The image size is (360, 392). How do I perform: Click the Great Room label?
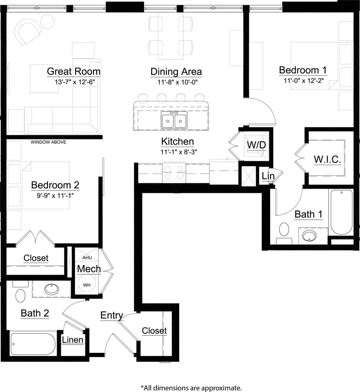pyautogui.click(x=74, y=71)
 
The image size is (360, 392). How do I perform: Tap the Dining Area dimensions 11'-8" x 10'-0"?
pyautogui.click(x=176, y=82)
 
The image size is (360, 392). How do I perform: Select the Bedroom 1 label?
pyautogui.click(x=303, y=70)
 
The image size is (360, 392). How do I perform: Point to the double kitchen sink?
pyautogui.click(x=174, y=121)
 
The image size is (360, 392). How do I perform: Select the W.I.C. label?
pyautogui.click(x=327, y=159)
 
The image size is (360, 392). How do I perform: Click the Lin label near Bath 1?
pyautogui.click(x=268, y=176)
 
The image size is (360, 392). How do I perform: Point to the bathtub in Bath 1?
pyautogui.click(x=341, y=212)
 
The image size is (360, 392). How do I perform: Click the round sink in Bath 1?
pyautogui.click(x=310, y=235)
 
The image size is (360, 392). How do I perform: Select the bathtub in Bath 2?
pyautogui.click(x=33, y=344)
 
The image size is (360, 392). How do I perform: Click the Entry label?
pyautogui.click(x=111, y=316)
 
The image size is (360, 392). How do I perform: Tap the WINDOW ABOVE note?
pyautogui.click(x=48, y=142)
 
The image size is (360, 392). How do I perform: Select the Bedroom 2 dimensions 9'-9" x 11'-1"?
pyautogui.click(x=55, y=195)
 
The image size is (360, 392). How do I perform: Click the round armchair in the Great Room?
pyautogui.click(x=28, y=31)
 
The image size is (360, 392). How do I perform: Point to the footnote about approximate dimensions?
pyautogui.click(x=191, y=387)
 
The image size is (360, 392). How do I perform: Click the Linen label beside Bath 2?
pyautogui.click(x=73, y=339)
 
